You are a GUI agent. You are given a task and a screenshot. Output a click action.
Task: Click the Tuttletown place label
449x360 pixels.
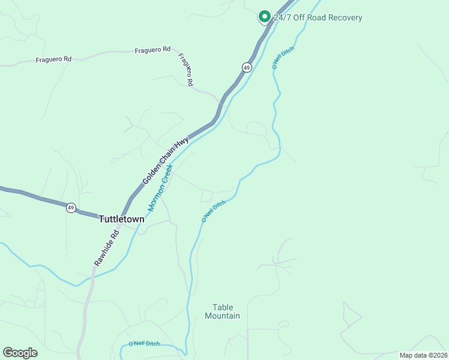click(x=121, y=220)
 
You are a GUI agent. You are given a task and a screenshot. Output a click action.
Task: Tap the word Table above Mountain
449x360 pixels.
click(x=222, y=307)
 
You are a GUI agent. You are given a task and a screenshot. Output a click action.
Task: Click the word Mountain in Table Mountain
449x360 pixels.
click(x=222, y=316)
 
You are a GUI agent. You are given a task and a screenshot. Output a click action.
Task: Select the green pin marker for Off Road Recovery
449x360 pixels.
click(x=264, y=17)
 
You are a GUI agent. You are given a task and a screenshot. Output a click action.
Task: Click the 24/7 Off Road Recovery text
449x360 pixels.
click(x=318, y=18)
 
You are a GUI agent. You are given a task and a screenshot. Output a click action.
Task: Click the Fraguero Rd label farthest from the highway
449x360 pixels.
click(x=53, y=59)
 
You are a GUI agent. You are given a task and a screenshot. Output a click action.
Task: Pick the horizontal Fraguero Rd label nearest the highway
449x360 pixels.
click(x=152, y=50)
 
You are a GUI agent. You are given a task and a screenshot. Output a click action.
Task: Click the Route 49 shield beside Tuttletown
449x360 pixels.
click(x=71, y=208)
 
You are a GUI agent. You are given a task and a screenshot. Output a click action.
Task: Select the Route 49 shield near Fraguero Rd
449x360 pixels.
click(x=247, y=68)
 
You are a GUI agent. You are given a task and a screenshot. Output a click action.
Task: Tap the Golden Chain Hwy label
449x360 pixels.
click(x=165, y=160)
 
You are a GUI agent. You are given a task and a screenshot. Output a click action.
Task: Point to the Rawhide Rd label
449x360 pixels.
click(x=107, y=249)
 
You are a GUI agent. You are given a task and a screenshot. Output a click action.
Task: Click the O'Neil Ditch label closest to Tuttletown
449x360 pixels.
click(x=213, y=212)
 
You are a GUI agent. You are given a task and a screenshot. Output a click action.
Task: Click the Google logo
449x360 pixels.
click(x=20, y=353)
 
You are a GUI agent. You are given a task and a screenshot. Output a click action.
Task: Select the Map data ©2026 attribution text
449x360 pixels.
click(x=423, y=355)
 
